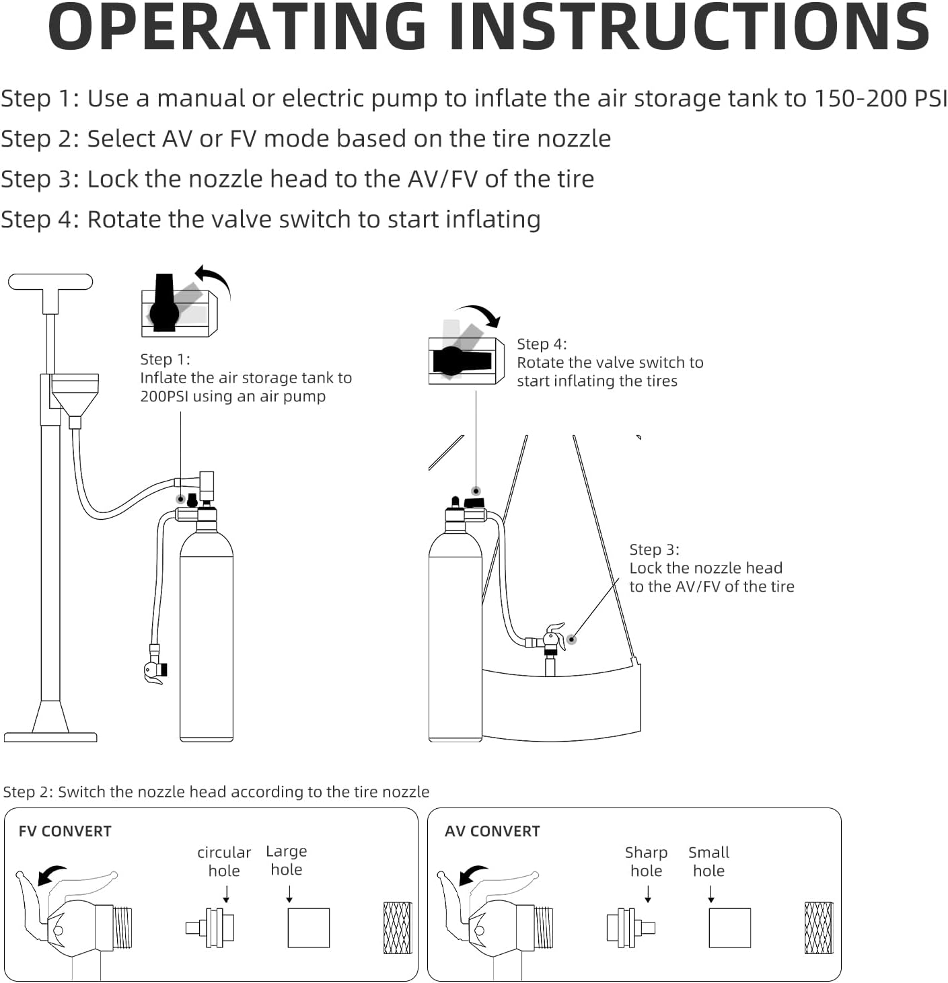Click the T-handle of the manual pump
[x=50, y=282]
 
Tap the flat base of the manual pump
[x=50, y=736]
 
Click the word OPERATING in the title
[x=236, y=28]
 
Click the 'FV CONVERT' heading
[x=65, y=832]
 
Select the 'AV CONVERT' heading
[x=492, y=832]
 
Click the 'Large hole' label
[x=286, y=861]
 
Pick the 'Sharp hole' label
[x=646, y=862]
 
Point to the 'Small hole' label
[x=708, y=862]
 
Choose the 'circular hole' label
[x=224, y=862]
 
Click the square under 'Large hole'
[x=309, y=928]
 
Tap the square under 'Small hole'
[x=729, y=928]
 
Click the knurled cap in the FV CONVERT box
[x=397, y=928]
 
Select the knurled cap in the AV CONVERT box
[x=818, y=928]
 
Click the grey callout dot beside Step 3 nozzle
[x=571, y=639]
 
